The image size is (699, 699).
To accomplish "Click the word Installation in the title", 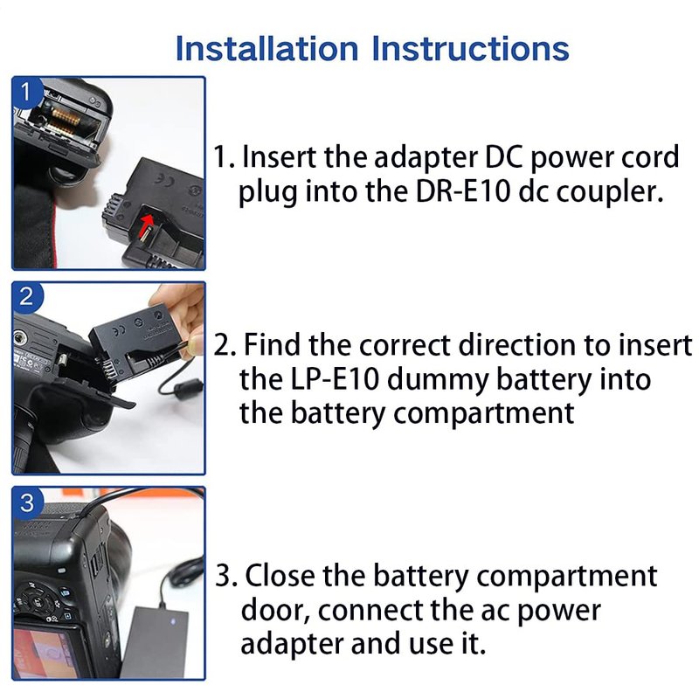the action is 267,48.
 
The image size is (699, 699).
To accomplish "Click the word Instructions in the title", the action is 470,48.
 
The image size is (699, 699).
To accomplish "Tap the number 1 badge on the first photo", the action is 26,91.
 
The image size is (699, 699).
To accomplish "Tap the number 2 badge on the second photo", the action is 26,296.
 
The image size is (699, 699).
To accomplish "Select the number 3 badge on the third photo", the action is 27,502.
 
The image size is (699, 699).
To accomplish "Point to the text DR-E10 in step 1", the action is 463,191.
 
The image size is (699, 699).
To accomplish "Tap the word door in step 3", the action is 275,611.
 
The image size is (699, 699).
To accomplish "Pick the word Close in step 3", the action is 280,576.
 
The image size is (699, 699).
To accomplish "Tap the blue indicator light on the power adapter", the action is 173,621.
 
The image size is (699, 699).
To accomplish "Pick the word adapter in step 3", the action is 292,646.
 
